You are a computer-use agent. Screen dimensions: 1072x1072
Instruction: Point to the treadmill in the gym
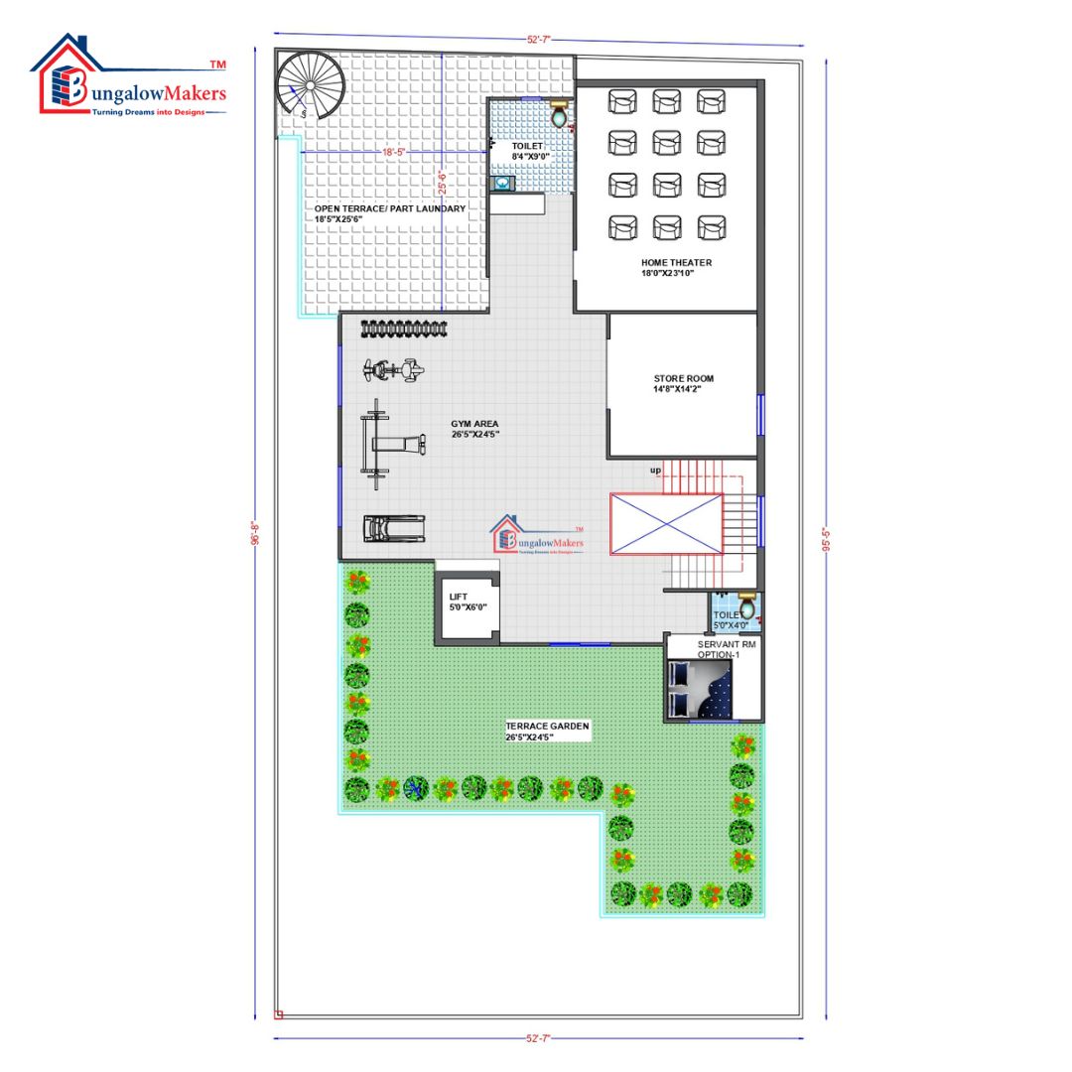(394, 528)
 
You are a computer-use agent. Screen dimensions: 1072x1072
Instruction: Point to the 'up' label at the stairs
(656, 469)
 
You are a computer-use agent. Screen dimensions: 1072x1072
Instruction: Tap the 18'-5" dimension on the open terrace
(394, 152)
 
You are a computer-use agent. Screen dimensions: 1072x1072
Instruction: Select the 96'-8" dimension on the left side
(255, 533)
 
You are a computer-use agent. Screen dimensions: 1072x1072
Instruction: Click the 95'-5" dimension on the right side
(826, 539)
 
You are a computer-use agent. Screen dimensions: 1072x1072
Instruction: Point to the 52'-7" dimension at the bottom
(538, 1038)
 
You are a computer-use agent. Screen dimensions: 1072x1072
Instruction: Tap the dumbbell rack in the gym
(403, 329)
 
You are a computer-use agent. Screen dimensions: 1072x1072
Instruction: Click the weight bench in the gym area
(389, 445)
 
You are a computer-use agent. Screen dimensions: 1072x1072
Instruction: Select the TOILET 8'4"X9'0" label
(529, 151)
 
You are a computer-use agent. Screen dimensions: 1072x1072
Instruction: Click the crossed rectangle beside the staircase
(666, 523)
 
